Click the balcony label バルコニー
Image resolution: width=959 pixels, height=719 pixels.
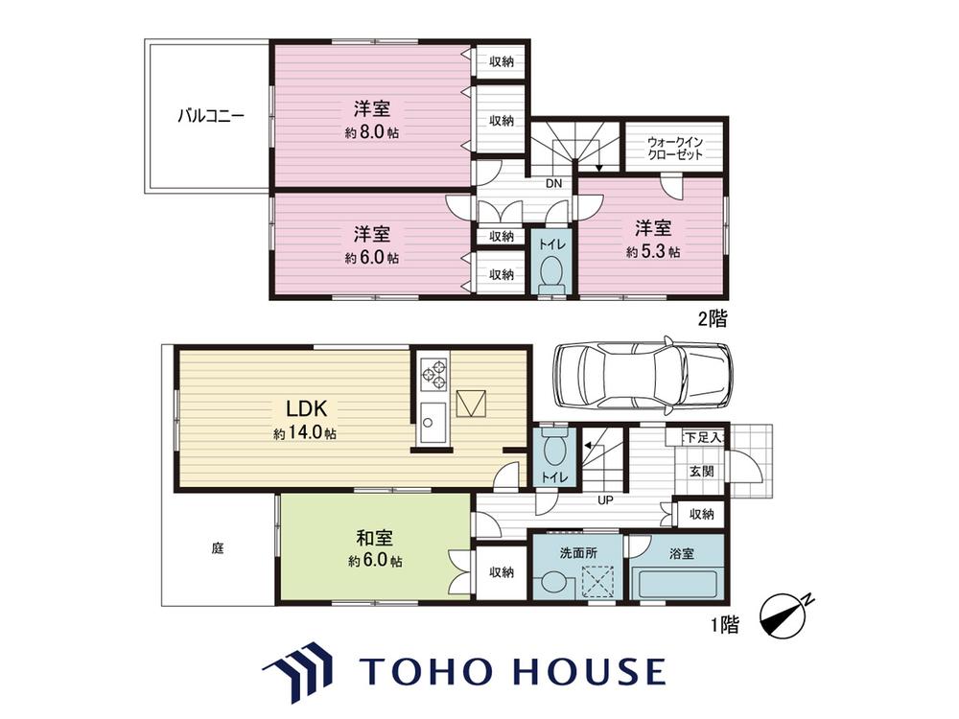[210, 116]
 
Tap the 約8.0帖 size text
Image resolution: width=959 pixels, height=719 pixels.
[372, 131]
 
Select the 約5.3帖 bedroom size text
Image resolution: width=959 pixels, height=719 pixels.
[652, 251]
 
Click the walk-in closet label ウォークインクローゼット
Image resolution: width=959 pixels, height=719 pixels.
[675, 148]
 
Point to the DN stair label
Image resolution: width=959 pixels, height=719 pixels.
[553, 183]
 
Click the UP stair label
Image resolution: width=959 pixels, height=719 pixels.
[605, 500]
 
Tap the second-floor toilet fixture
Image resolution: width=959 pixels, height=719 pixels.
[553, 274]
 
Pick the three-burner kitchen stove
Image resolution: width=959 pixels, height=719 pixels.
[433, 374]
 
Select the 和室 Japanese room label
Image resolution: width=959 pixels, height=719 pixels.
[374, 538]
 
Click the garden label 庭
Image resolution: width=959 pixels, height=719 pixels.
[218, 548]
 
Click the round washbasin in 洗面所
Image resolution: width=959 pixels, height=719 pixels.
[554, 582]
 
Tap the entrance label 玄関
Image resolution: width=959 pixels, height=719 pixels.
[702, 472]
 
